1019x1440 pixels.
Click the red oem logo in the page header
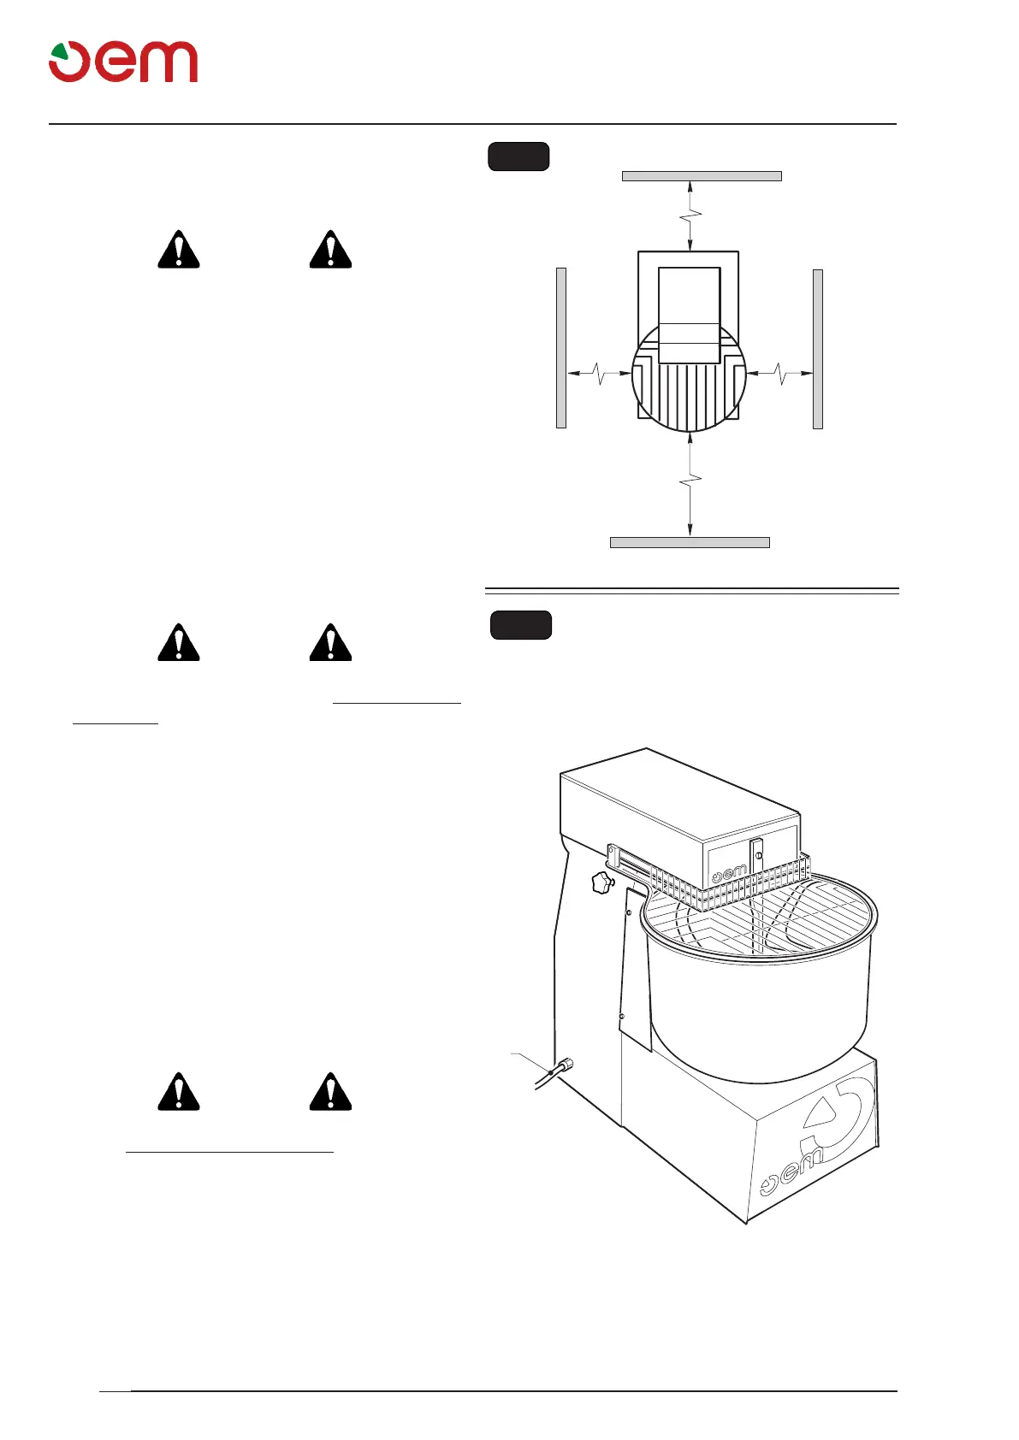(123, 62)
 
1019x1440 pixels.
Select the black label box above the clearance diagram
(518, 157)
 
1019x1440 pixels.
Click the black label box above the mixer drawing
(520, 625)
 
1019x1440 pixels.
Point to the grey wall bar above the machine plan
(702, 176)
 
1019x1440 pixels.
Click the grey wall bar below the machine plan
(690, 542)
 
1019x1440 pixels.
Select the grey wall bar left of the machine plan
(561, 347)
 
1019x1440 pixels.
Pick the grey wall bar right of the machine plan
(818, 348)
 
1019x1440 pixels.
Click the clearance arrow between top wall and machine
(690, 215)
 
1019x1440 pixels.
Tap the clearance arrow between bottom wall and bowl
(690, 485)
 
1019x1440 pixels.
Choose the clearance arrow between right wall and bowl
(779, 373)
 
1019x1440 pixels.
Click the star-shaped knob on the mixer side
(601, 883)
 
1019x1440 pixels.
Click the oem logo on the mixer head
(730, 873)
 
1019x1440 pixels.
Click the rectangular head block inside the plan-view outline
(689, 315)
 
